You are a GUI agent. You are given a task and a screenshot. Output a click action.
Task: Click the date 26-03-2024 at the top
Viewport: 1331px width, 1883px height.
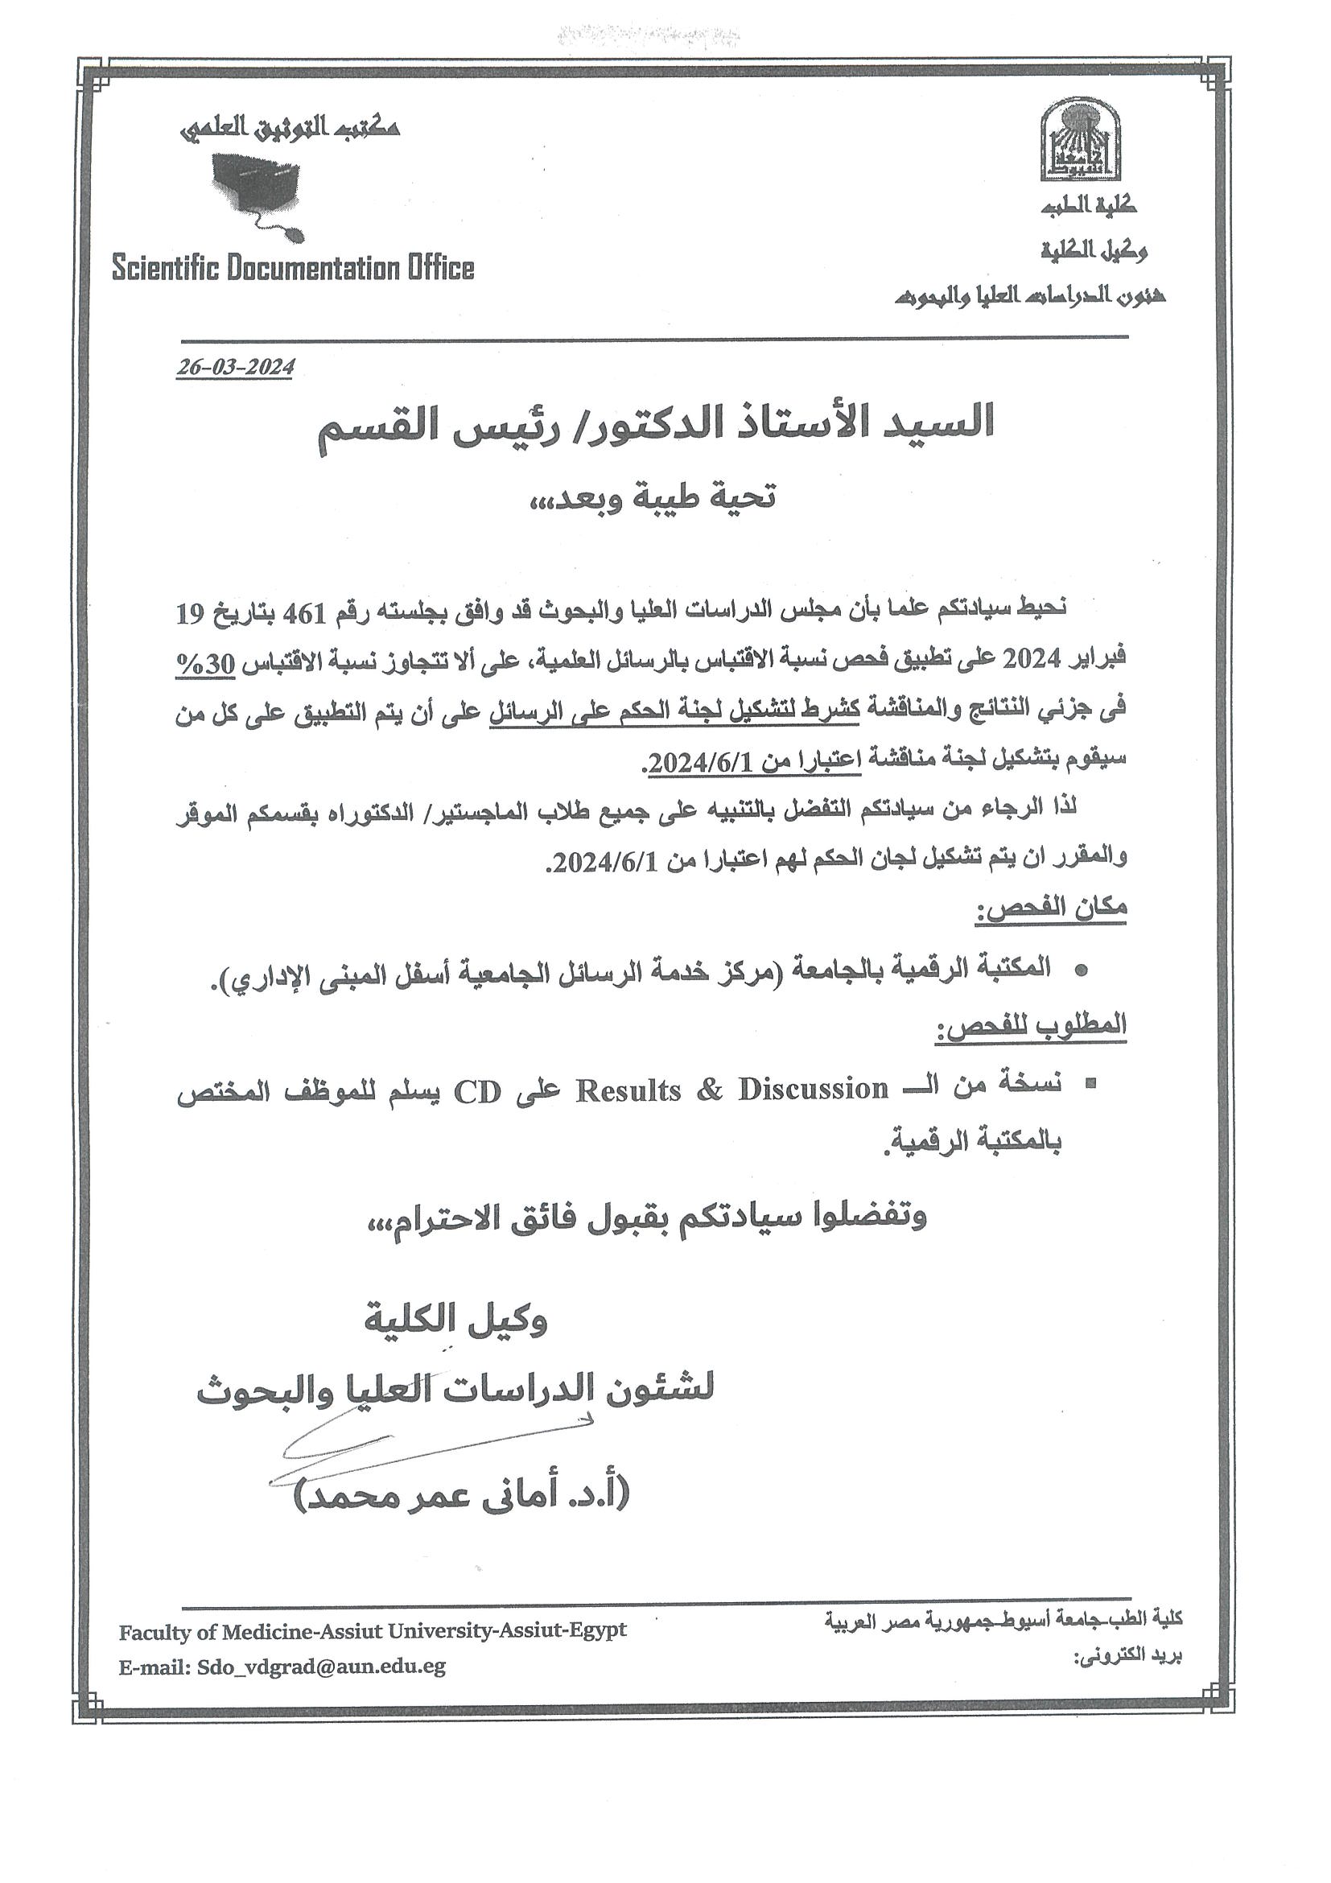(x=234, y=367)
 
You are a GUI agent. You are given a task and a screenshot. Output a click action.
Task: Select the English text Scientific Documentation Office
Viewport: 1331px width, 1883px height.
(x=293, y=268)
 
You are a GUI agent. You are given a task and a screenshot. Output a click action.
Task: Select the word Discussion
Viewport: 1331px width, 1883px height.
(x=812, y=1089)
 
